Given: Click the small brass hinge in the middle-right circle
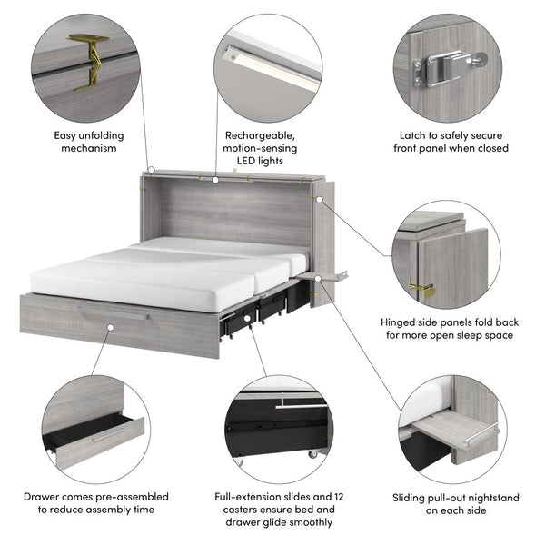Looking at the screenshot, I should pyautogui.click(x=421, y=289).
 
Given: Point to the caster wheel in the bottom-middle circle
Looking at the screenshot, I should pyautogui.click(x=314, y=451).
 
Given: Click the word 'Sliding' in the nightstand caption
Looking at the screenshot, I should pyautogui.click(x=411, y=497).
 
